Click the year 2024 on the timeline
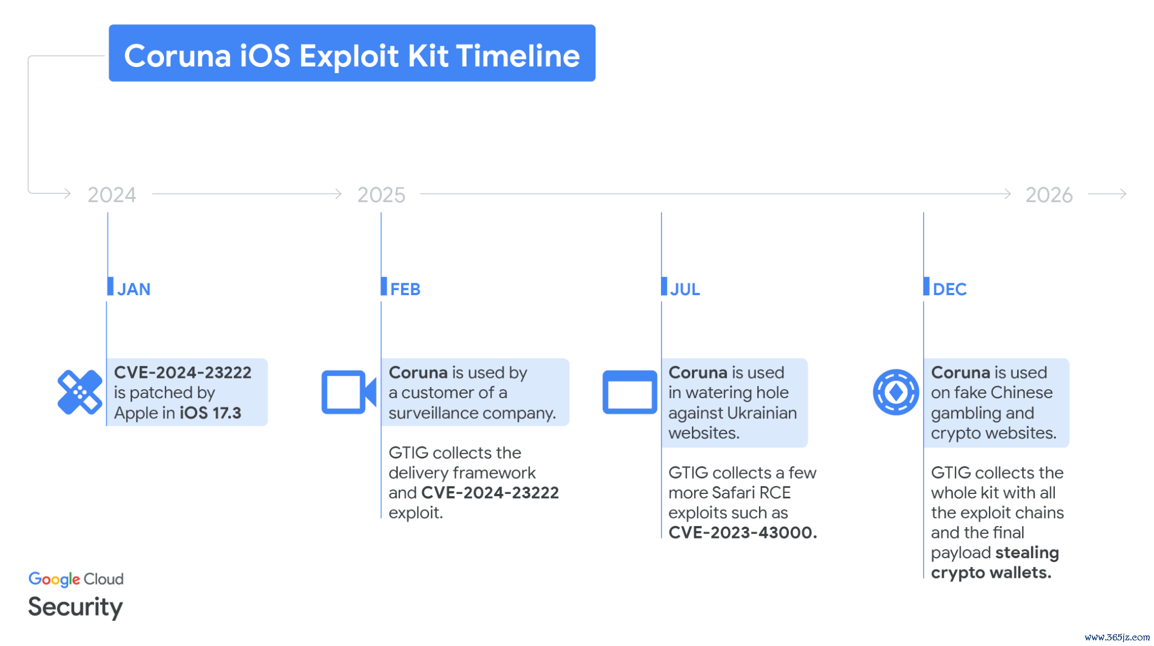(x=112, y=195)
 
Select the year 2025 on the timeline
(x=381, y=195)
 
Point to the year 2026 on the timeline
(x=1049, y=195)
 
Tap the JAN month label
(x=134, y=289)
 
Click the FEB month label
(x=405, y=289)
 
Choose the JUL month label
(x=685, y=289)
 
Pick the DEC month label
(x=949, y=289)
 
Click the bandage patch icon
(x=80, y=392)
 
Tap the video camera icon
(x=349, y=392)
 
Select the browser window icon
(x=629, y=392)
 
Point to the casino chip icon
(x=895, y=392)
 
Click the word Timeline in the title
(x=518, y=56)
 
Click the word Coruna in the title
(x=177, y=56)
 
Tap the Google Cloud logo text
(x=76, y=579)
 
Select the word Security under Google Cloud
(x=76, y=607)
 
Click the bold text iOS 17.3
(x=210, y=413)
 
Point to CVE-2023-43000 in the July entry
(x=743, y=532)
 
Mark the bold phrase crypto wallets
(x=991, y=573)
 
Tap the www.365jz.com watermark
(x=1117, y=637)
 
